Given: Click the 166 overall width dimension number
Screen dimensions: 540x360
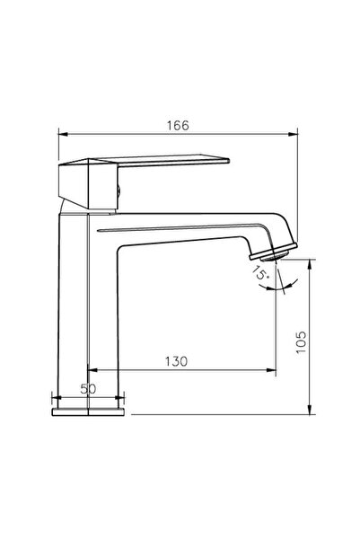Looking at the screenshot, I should (x=178, y=126).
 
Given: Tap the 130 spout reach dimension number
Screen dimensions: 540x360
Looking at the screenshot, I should (x=176, y=361).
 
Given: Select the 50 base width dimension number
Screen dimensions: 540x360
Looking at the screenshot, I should (x=88, y=388).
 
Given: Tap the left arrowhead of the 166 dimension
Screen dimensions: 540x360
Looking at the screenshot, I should (x=62, y=136).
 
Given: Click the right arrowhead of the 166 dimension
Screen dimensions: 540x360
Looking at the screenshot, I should (x=293, y=136).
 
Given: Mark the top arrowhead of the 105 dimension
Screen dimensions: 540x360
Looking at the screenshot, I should (x=310, y=263).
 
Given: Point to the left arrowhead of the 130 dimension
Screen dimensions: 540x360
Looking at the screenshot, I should (x=92, y=371).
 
